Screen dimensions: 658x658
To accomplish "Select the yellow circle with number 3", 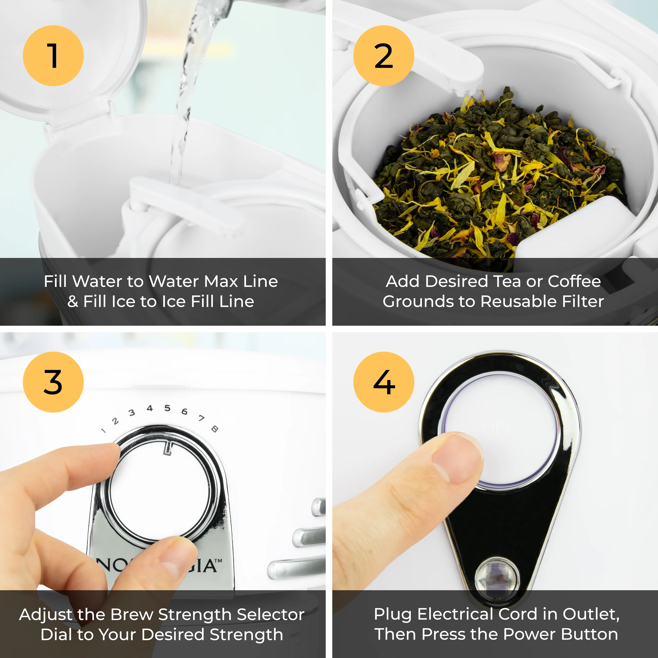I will pyautogui.click(x=53, y=382).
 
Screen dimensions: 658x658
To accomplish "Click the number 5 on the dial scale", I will pyautogui.click(x=167, y=408).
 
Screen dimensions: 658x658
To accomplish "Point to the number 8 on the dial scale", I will pyautogui.click(x=215, y=429).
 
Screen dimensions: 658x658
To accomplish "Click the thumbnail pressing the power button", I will pyautogui.click(x=458, y=458).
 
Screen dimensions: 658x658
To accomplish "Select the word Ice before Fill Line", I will pyautogui.click(x=174, y=301).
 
